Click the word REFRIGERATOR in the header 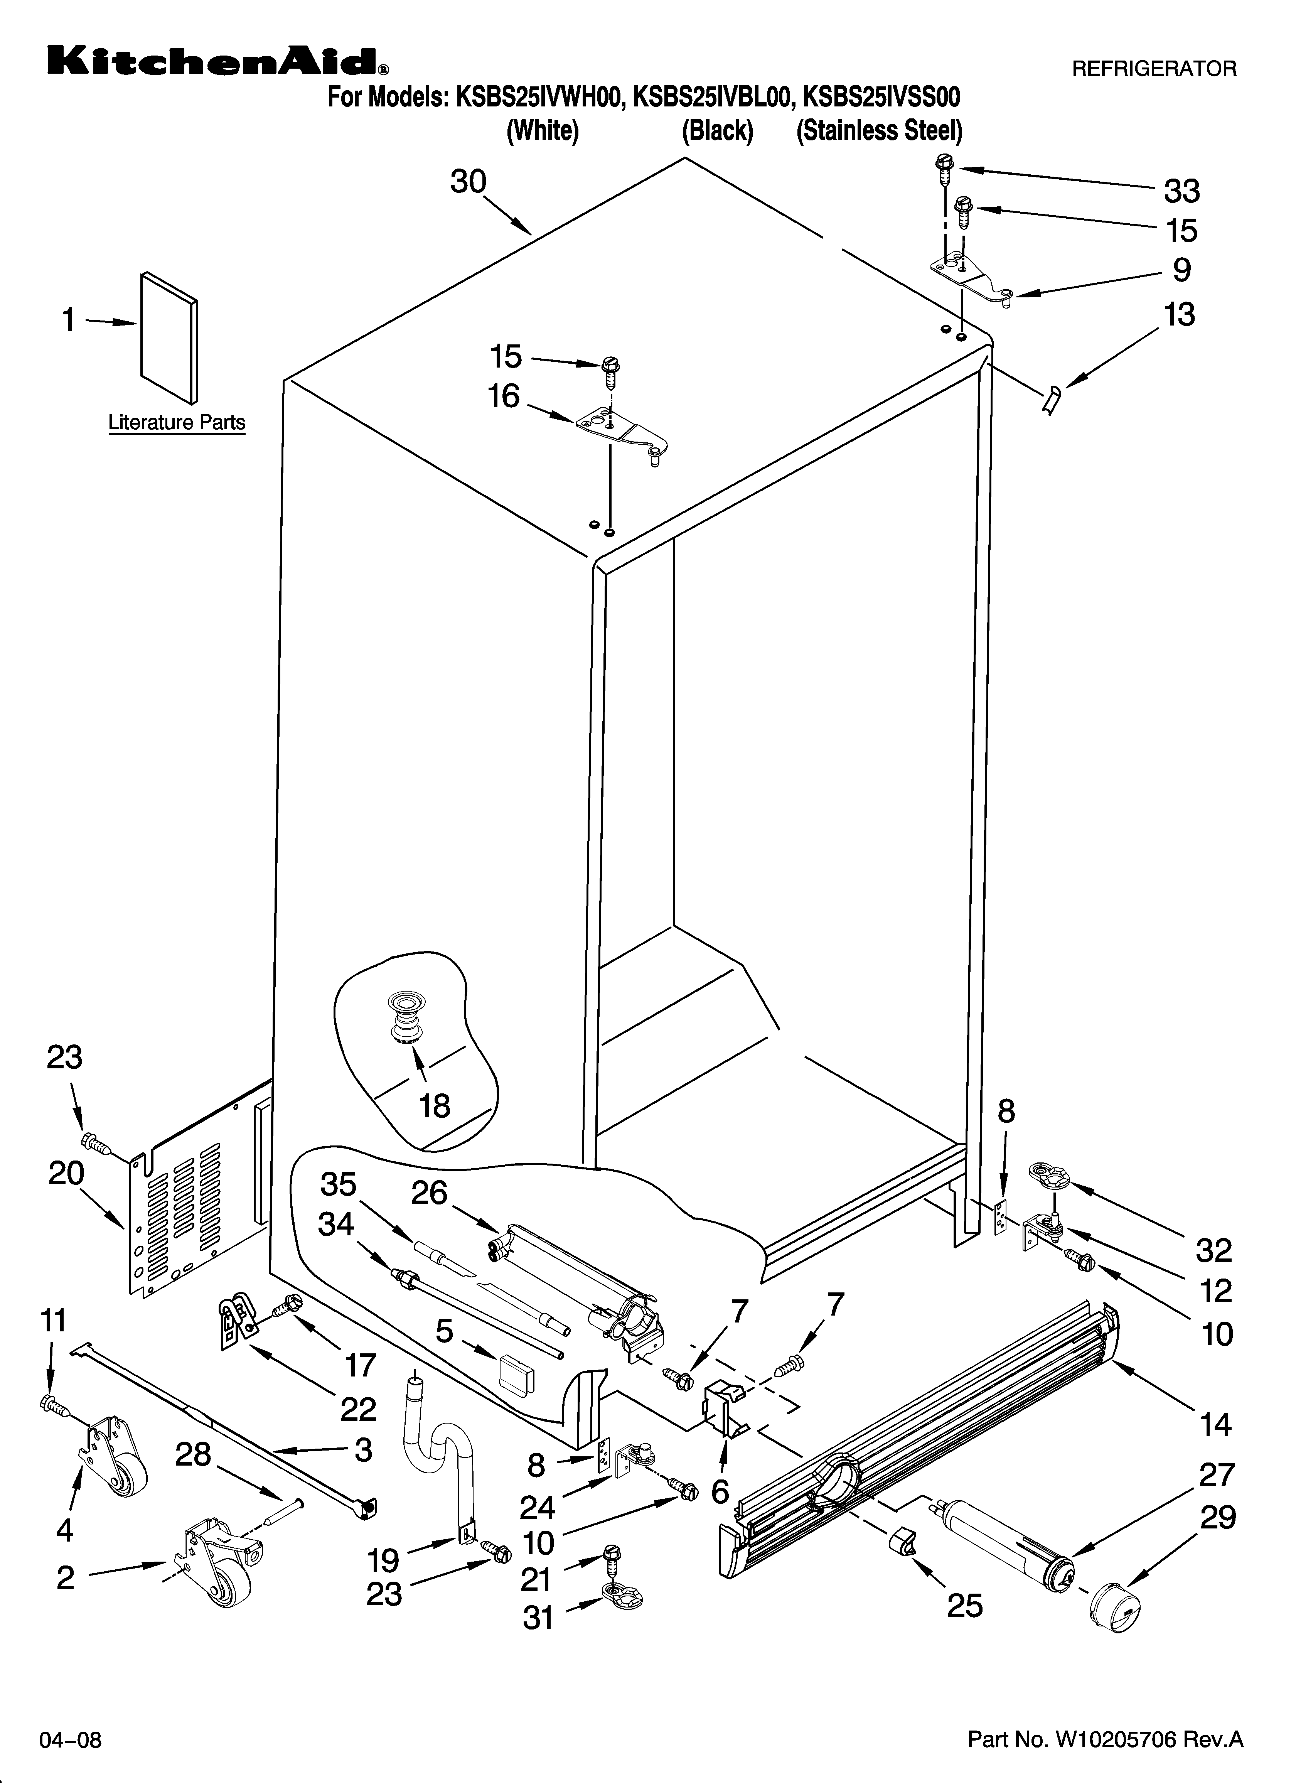1153,69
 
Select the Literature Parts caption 176,422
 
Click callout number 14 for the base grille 1215,1423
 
